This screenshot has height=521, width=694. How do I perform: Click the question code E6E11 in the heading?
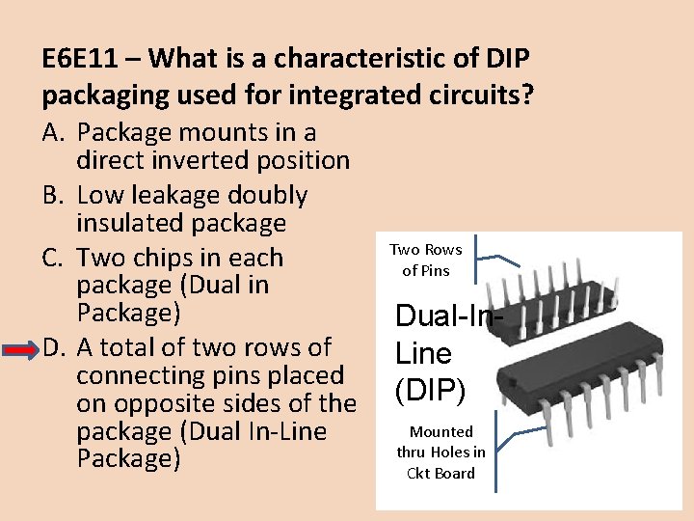coord(82,59)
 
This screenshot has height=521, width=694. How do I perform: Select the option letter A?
coord(54,133)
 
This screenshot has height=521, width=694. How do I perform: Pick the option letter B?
coord(54,196)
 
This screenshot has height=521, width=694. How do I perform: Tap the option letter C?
coord(54,259)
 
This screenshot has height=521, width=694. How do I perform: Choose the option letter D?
coord(54,347)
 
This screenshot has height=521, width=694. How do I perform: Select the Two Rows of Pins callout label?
coord(425,260)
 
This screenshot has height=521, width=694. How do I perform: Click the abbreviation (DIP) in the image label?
coord(430,389)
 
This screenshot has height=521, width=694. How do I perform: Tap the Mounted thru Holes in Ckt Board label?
coord(440,452)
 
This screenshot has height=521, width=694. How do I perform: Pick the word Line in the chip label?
coord(424,353)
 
